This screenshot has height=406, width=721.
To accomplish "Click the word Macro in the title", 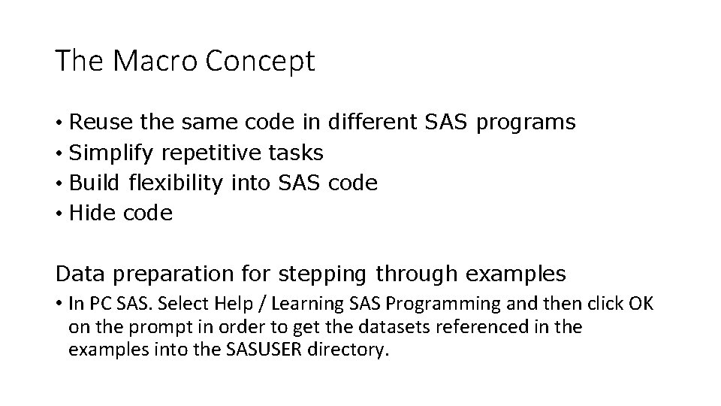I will pyautogui.click(x=141, y=62).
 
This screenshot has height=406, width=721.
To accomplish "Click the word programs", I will pyautogui.click(x=526, y=122).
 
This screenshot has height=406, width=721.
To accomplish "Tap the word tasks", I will pyautogui.click(x=295, y=153).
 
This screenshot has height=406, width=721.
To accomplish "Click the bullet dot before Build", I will pyautogui.click(x=59, y=183).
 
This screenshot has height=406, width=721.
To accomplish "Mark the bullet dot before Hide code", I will pyautogui.click(x=59, y=214).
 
